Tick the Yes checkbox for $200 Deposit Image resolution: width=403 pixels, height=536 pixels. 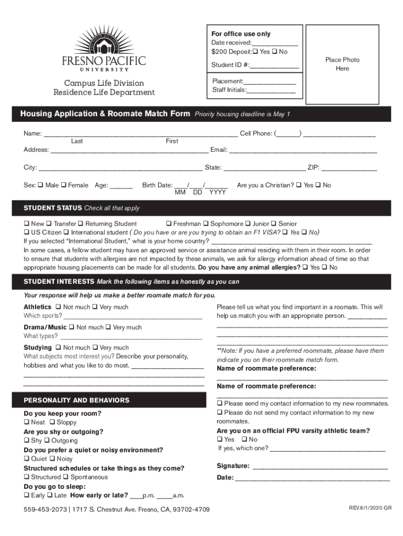(256, 52)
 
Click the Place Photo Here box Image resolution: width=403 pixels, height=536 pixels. (342, 64)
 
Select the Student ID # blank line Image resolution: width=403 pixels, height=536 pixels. (275, 66)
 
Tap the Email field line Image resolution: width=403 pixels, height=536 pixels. (303, 151)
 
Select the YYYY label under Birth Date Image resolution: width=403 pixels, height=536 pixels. (218, 193)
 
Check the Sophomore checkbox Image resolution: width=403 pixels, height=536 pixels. (206, 224)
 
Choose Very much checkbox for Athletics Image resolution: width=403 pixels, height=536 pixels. (95, 307)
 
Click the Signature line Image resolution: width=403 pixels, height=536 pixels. (320, 467)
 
